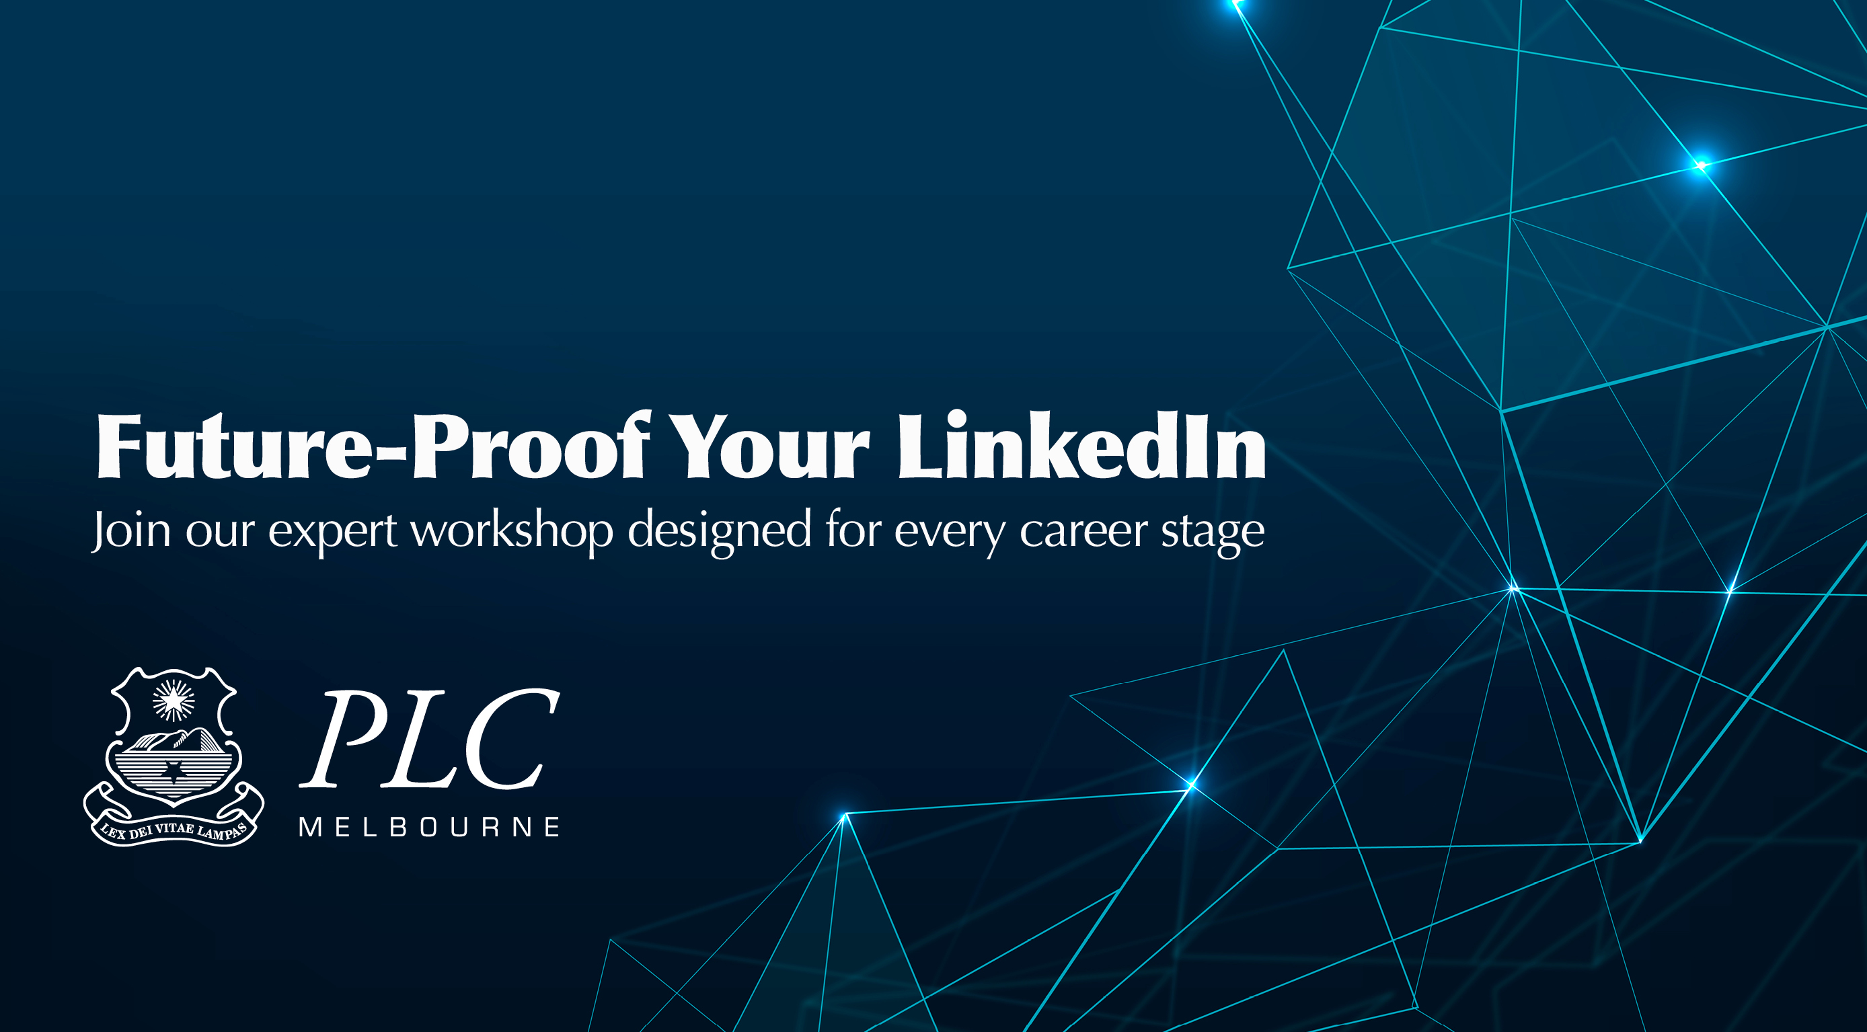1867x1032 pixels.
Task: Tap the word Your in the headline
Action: pyautogui.click(x=769, y=446)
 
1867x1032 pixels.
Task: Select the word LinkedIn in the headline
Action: pyautogui.click(x=1082, y=444)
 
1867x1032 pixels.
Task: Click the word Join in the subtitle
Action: pyautogui.click(x=131, y=531)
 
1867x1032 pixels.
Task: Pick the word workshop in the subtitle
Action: pyautogui.click(x=512, y=531)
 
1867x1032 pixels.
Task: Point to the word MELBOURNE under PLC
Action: pyautogui.click(x=430, y=827)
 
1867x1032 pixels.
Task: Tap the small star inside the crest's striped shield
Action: pyautogui.click(x=174, y=772)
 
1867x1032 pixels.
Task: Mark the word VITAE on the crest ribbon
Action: pyautogui.click(x=175, y=828)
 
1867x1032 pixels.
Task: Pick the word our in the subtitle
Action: pyautogui.click(x=221, y=534)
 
